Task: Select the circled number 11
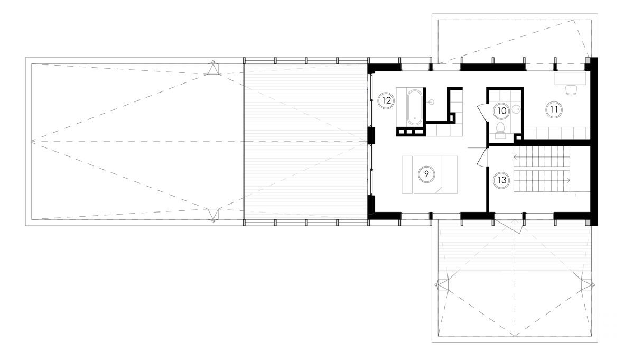point(554,109)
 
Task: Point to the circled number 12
point(386,99)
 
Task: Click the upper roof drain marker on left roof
point(212,69)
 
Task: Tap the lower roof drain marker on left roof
point(212,214)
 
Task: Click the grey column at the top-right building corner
point(588,62)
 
